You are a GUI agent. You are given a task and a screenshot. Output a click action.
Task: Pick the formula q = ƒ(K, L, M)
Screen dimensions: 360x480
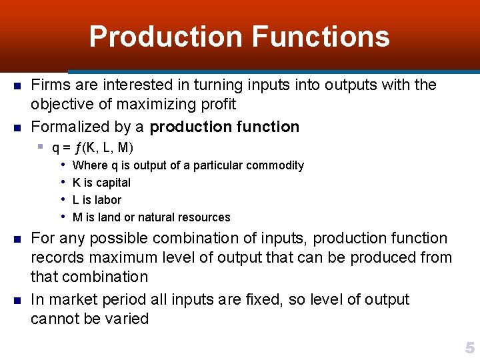click(93, 147)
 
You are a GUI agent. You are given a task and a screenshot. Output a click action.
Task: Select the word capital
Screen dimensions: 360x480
click(111, 183)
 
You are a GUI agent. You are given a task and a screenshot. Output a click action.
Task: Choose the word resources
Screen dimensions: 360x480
click(204, 217)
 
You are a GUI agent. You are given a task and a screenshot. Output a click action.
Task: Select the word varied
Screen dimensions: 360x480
click(125, 319)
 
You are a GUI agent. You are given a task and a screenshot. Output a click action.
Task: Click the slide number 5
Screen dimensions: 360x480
click(469, 348)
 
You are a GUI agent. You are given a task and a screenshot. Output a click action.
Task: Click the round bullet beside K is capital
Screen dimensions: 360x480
click(62, 182)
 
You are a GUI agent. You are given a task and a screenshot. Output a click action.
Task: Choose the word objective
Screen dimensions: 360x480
click(61, 105)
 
